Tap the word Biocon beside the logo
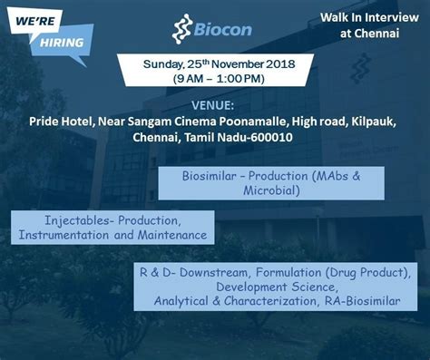pyautogui.click(x=222, y=31)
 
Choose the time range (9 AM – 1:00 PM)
pyautogui.click(x=217, y=79)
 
